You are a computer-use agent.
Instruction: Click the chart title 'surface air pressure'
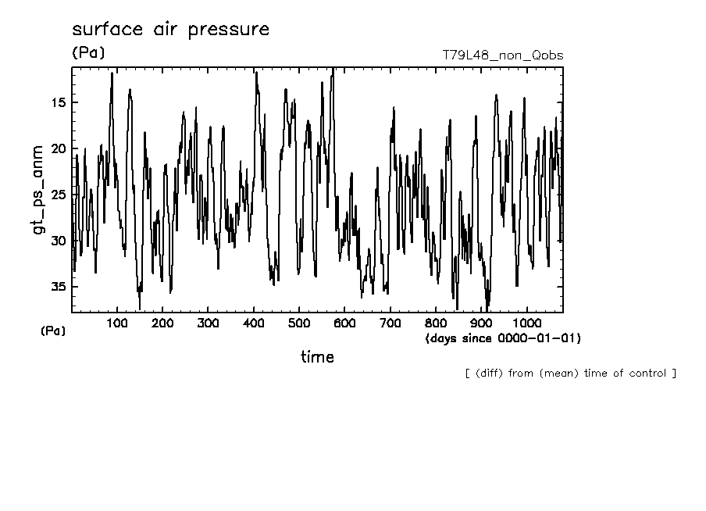[170, 30]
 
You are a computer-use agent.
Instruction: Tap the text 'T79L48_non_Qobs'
[502, 55]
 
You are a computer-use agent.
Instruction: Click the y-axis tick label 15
[58, 102]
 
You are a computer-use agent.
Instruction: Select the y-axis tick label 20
[58, 148]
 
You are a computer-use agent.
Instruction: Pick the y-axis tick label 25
[58, 195]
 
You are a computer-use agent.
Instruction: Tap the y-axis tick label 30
[58, 241]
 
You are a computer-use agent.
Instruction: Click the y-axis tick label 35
[58, 287]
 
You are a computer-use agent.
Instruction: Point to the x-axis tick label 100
[117, 323]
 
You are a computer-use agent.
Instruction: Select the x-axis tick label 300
[208, 323]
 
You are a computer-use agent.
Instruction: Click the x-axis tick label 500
[299, 323]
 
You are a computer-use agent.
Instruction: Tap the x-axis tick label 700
[390, 323]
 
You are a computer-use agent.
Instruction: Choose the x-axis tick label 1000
[526, 323]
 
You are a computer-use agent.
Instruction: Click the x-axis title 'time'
[317, 357]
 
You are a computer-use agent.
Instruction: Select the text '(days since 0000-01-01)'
[503, 338]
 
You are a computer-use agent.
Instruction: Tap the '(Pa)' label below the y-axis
[53, 331]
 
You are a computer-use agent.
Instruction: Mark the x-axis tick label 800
[436, 323]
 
